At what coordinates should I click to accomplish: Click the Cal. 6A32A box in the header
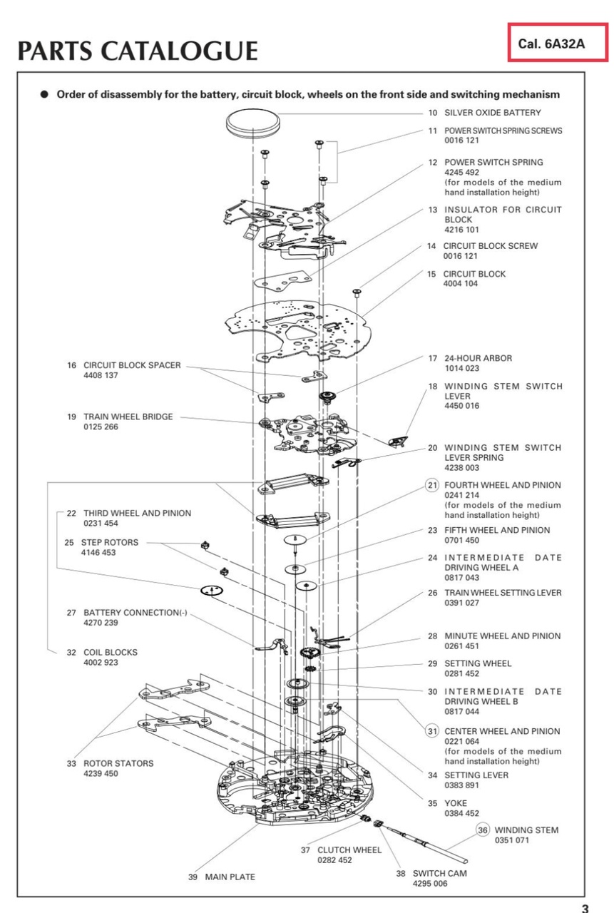tap(556, 44)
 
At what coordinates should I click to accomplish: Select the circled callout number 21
tap(432, 485)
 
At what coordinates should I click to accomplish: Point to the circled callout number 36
tap(483, 830)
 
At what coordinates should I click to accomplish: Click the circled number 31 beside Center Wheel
tap(432, 731)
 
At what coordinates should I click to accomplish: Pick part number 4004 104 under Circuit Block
tap(461, 284)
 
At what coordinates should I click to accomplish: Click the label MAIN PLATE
tap(230, 877)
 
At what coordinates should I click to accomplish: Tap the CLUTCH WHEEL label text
tap(349, 850)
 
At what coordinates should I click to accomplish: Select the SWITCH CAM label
tap(440, 873)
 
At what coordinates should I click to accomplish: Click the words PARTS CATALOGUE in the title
tap(138, 51)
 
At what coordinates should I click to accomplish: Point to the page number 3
tap(585, 907)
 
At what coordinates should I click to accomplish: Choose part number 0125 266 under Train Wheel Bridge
tap(101, 427)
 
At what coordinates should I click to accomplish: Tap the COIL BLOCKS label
tap(110, 652)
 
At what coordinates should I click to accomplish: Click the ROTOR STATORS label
tap(118, 763)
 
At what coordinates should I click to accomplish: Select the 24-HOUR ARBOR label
tap(478, 358)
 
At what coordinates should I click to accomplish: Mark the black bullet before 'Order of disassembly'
tap(45, 94)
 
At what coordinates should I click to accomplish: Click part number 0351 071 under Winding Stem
tap(512, 840)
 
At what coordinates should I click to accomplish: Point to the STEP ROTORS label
tap(110, 542)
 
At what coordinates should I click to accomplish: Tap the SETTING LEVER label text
tap(476, 775)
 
